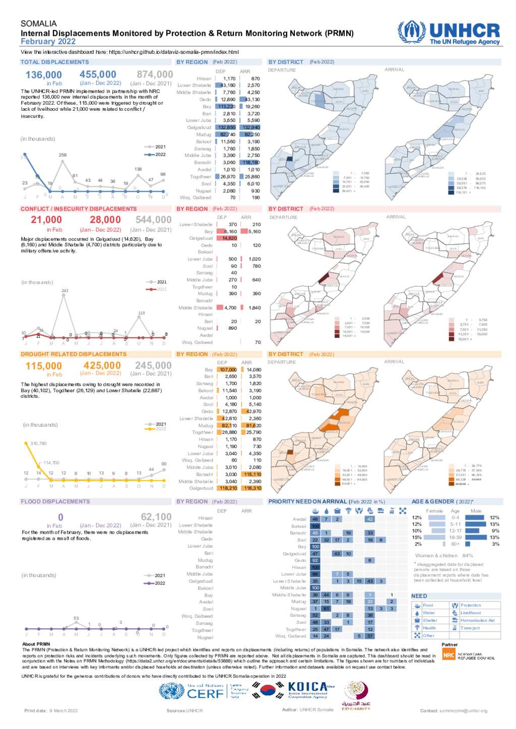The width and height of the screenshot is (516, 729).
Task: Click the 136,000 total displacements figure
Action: pos(44,75)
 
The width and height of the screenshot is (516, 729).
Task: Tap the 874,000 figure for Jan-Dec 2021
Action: pos(155,75)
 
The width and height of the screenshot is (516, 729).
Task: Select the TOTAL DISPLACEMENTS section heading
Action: pos(54,62)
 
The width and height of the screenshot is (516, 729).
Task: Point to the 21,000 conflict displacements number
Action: pos(46,220)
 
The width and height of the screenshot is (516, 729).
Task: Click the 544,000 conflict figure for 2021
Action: pos(153,220)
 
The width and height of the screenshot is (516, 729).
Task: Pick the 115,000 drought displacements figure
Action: pos(44,366)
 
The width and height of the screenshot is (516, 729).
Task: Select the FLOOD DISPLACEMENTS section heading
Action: pos(55,501)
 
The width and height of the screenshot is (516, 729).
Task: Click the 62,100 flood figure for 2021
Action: pos(156,517)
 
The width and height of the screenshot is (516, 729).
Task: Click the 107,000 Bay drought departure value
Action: pos(228,370)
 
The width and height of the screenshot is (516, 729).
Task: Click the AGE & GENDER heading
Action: pos(433,501)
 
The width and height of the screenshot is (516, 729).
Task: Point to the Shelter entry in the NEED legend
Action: pos(430,620)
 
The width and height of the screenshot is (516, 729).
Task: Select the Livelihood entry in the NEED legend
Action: pos(470,613)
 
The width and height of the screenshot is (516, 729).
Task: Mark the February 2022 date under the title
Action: pos(48,42)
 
